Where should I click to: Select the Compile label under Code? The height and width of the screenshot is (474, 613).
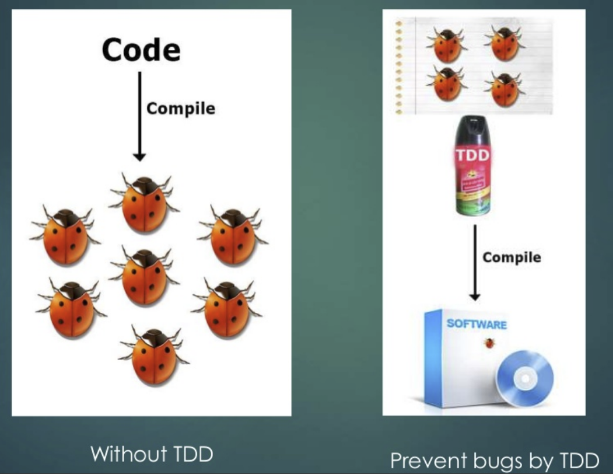coord(180,109)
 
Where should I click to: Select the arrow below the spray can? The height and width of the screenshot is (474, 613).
coord(475,263)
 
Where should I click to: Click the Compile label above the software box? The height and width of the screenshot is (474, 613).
coord(512,257)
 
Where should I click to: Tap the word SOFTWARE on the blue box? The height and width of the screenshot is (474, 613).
coord(477,324)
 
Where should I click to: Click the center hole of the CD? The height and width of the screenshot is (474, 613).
coord(525,379)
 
